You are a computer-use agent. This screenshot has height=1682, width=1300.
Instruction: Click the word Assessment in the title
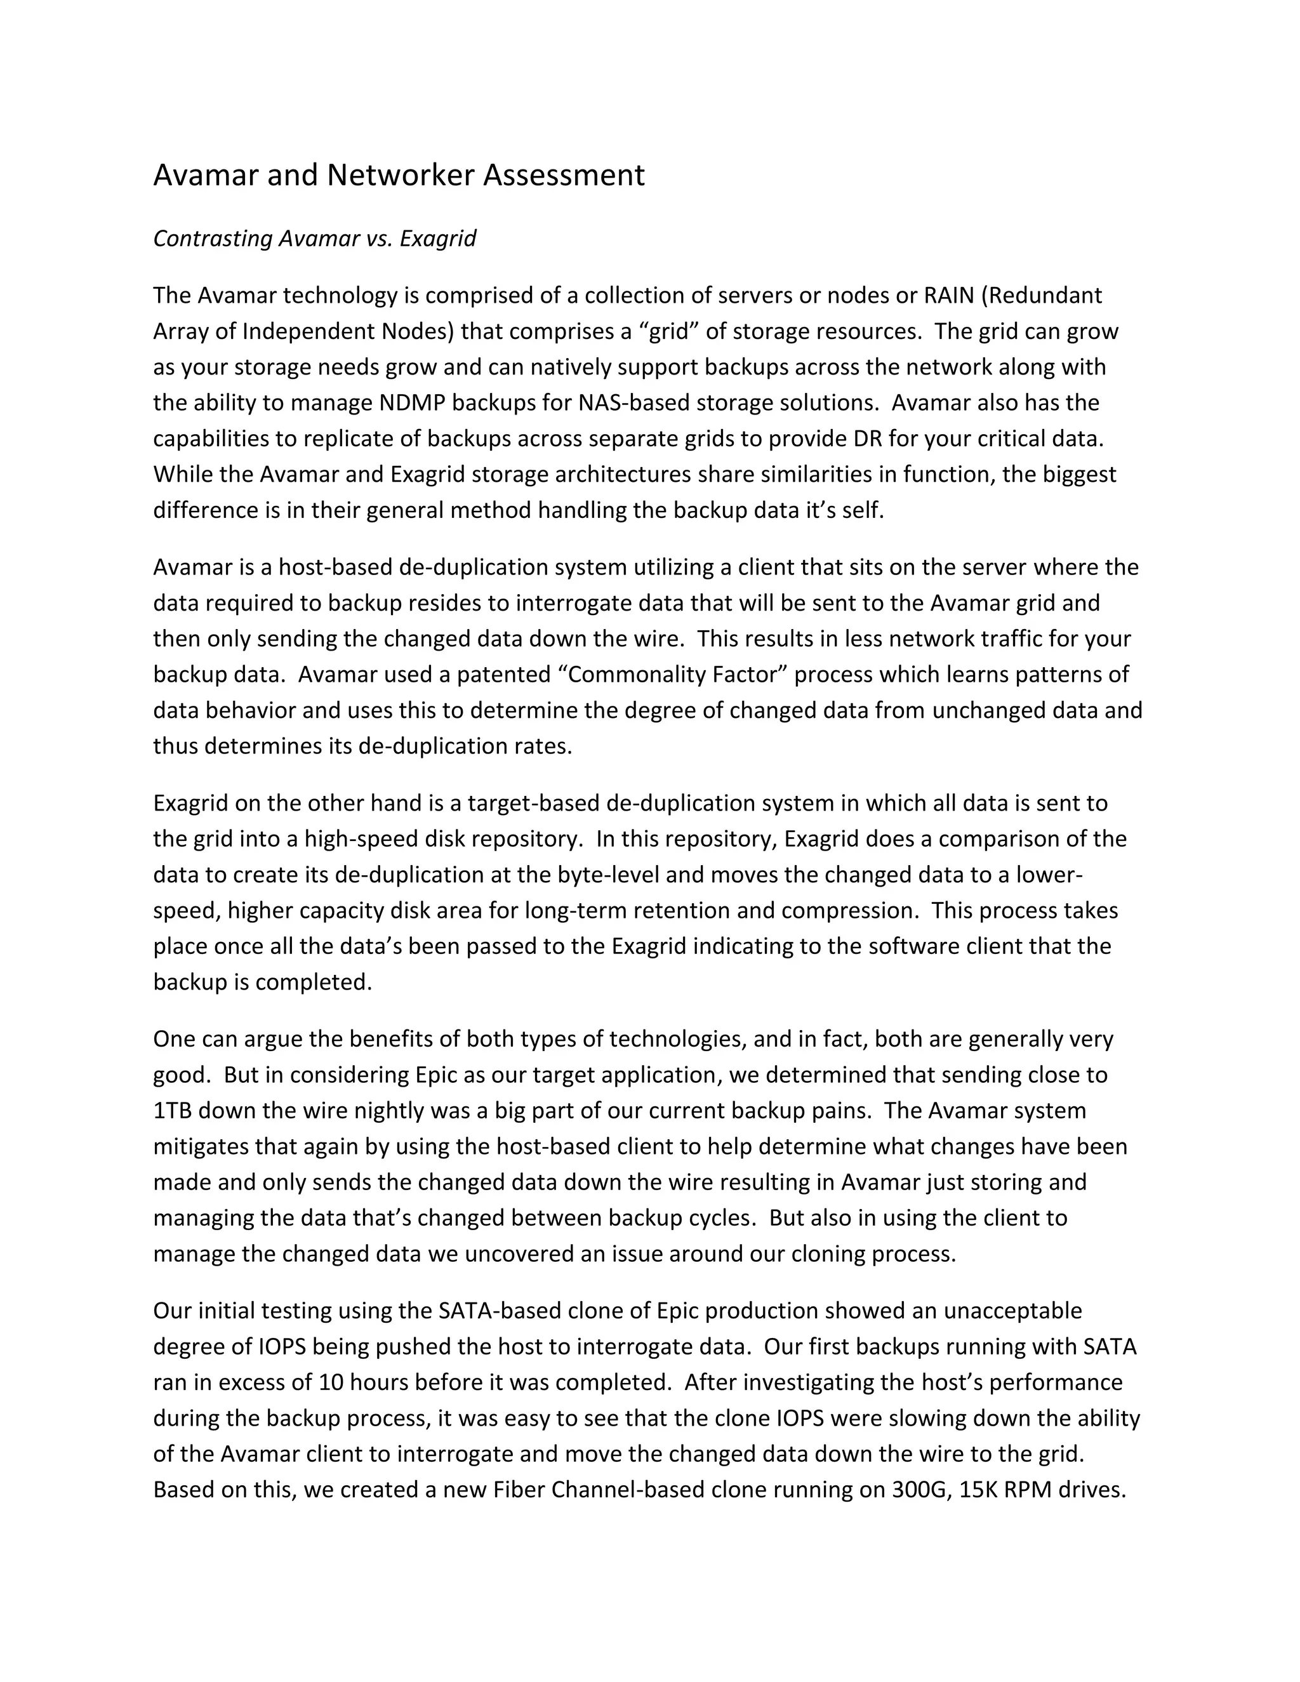[564, 176]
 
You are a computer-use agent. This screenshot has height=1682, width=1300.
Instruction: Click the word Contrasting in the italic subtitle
[213, 239]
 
